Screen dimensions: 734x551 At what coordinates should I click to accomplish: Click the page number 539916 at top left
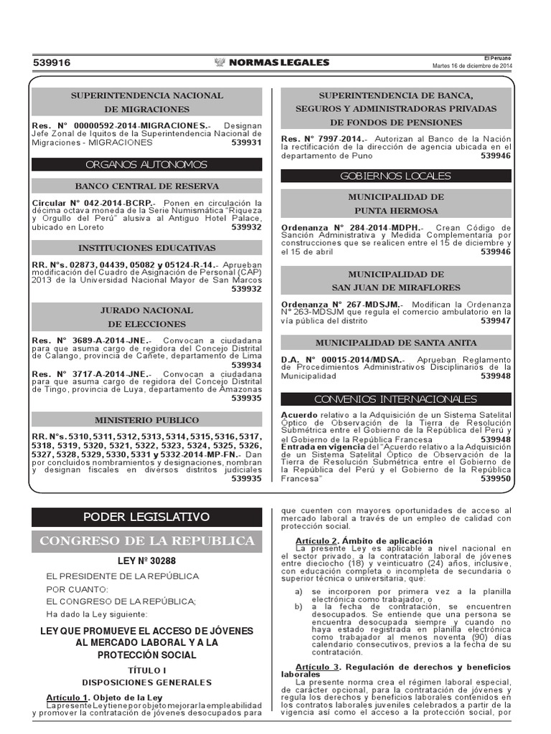52,63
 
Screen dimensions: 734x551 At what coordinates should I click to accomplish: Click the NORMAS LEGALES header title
278,63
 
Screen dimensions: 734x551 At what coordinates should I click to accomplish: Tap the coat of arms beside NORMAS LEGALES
220,63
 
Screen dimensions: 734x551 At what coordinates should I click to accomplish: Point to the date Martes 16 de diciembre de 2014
471,66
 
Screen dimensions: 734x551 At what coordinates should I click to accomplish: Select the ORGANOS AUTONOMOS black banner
146,164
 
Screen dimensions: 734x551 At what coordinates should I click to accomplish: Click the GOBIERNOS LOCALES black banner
395,176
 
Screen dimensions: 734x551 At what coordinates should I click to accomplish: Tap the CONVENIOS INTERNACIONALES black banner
395,399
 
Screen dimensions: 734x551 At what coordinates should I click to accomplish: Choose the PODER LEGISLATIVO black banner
146,517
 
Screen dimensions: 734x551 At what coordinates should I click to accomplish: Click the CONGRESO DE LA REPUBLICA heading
146,540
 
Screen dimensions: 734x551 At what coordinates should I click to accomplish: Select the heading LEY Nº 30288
146,562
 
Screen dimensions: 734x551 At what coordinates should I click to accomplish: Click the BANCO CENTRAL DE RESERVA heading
146,186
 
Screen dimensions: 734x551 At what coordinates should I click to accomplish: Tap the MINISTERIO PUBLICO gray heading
146,420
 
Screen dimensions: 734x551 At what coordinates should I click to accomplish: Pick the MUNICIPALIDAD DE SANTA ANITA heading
395,343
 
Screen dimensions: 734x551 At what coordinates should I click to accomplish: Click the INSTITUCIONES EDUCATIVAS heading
146,248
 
